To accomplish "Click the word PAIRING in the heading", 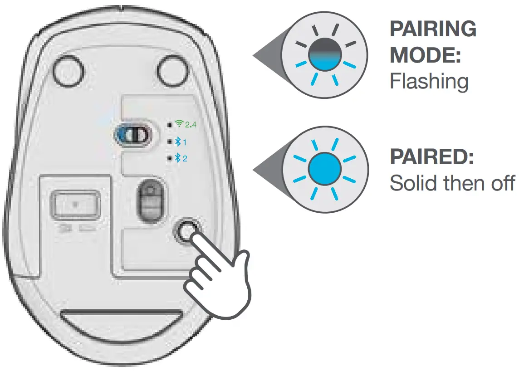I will (433, 29).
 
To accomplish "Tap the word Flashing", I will (429, 81).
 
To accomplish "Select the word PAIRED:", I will (432, 157).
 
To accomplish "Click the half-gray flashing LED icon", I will (325, 54).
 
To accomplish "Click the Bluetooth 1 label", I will (181, 142).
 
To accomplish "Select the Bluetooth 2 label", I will (181, 158).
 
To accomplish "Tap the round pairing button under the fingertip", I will (186, 232).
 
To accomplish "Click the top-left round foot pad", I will (69, 70).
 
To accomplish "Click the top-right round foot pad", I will (172, 70).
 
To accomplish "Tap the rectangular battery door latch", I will (75, 205).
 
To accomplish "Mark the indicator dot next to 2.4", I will (169, 124).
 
